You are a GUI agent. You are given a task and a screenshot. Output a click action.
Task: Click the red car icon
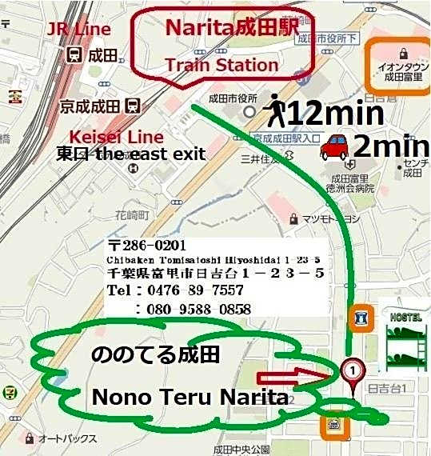[x=334, y=147]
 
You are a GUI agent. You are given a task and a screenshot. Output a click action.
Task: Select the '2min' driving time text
[x=390, y=146]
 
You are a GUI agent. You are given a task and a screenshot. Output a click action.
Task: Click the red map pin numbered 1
[x=351, y=371]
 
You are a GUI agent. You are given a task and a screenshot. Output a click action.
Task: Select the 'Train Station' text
[x=221, y=64]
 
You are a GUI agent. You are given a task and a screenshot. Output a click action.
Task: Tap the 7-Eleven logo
[x=9, y=393]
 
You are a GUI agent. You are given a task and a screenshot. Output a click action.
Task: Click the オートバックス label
[x=67, y=439]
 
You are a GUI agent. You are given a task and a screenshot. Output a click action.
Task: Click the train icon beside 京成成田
[x=134, y=105]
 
